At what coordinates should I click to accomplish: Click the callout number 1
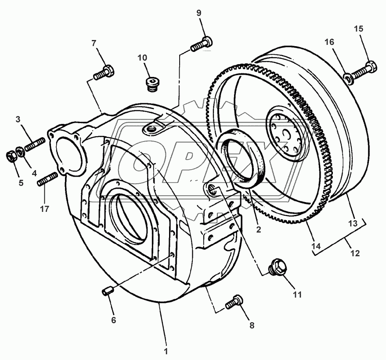(x=166, y=351)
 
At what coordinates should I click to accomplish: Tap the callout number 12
(x=355, y=253)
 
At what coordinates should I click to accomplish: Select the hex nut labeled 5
(x=12, y=156)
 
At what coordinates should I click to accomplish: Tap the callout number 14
(x=315, y=247)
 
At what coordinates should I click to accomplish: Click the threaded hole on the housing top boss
(x=152, y=128)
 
